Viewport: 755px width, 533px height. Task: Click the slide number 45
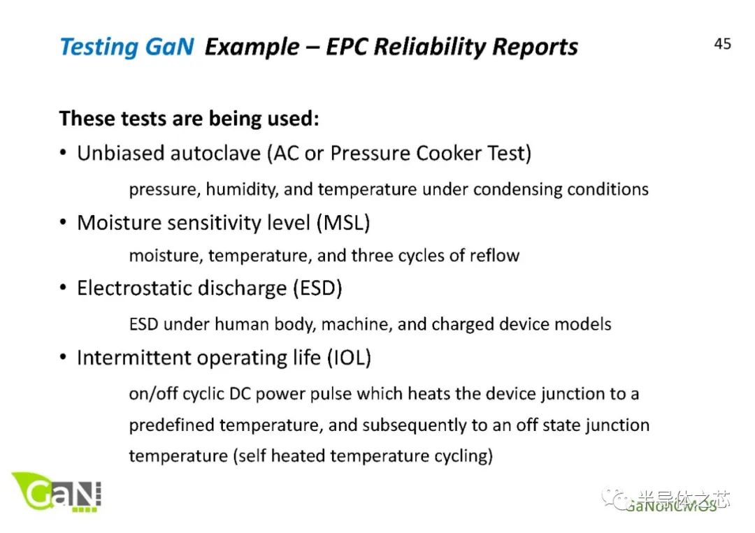pyautogui.click(x=722, y=44)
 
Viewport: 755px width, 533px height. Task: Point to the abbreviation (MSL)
pyautogui.click(x=343, y=223)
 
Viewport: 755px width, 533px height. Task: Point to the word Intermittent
pyautogui.click(x=134, y=358)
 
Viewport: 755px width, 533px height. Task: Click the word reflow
pyautogui.click(x=494, y=255)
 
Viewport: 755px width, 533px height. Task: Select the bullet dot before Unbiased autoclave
pyautogui.click(x=64, y=154)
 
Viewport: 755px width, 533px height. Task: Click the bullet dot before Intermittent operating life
pyautogui.click(x=64, y=358)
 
